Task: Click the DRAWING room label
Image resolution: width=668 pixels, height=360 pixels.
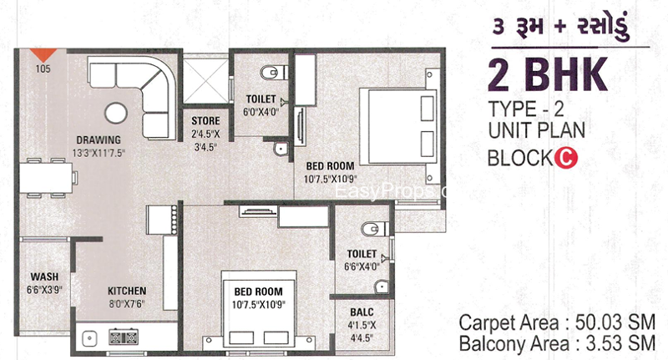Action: [x=99, y=139]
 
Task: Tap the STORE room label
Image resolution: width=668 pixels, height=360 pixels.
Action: [x=205, y=121]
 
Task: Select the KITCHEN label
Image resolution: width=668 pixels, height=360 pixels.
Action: [x=127, y=291]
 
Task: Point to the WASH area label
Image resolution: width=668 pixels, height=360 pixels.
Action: [x=44, y=277]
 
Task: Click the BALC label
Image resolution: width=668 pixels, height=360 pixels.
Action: [x=362, y=312]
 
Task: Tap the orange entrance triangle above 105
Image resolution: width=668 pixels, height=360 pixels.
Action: [x=43, y=55]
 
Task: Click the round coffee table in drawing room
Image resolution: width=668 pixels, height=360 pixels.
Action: [x=116, y=114]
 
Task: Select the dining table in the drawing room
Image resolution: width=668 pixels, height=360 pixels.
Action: [x=46, y=178]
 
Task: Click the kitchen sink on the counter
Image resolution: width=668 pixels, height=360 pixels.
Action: [x=89, y=338]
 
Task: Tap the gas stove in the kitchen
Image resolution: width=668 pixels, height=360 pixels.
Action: [x=123, y=337]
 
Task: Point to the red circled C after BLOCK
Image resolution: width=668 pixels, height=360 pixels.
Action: [x=566, y=159]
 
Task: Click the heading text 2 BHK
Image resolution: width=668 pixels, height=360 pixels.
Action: [x=548, y=75]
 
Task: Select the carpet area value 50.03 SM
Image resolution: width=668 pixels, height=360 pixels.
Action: [x=615, y=322]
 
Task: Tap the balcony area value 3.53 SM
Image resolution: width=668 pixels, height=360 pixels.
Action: [x=620, y=343]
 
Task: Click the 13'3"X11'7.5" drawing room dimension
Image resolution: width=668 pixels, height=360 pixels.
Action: [x=99, y=154]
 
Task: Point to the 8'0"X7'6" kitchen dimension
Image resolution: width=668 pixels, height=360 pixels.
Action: [x=127, y=305]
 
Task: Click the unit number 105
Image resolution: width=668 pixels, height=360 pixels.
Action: [x=43, y=68]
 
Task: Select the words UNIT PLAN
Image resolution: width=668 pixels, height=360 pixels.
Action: [x=537, y=130]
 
